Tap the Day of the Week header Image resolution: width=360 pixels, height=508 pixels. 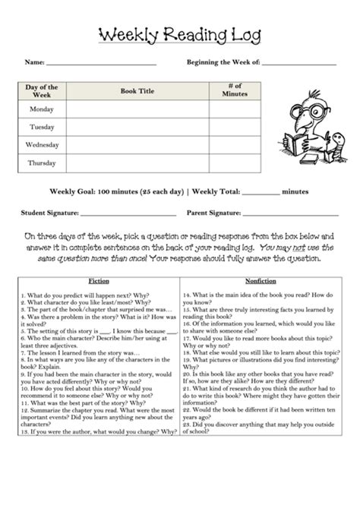(42, 91)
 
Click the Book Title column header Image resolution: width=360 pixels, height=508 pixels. (137, 91)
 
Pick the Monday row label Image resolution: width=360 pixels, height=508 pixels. (42, 109)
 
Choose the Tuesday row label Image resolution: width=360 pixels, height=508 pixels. (42, 127)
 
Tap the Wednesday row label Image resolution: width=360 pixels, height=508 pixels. (42, 144)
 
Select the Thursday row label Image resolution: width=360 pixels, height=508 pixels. (42, 162)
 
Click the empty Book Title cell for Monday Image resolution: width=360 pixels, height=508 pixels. (137, 109)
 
